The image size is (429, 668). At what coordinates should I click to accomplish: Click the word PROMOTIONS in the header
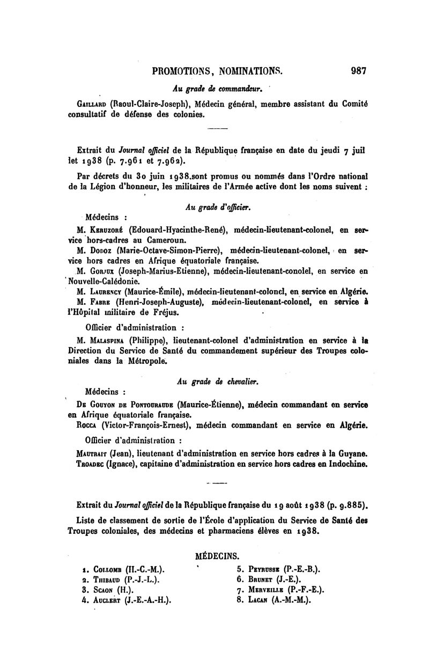click(x=182, y=70)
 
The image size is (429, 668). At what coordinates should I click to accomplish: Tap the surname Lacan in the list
click(x=260, y=600)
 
